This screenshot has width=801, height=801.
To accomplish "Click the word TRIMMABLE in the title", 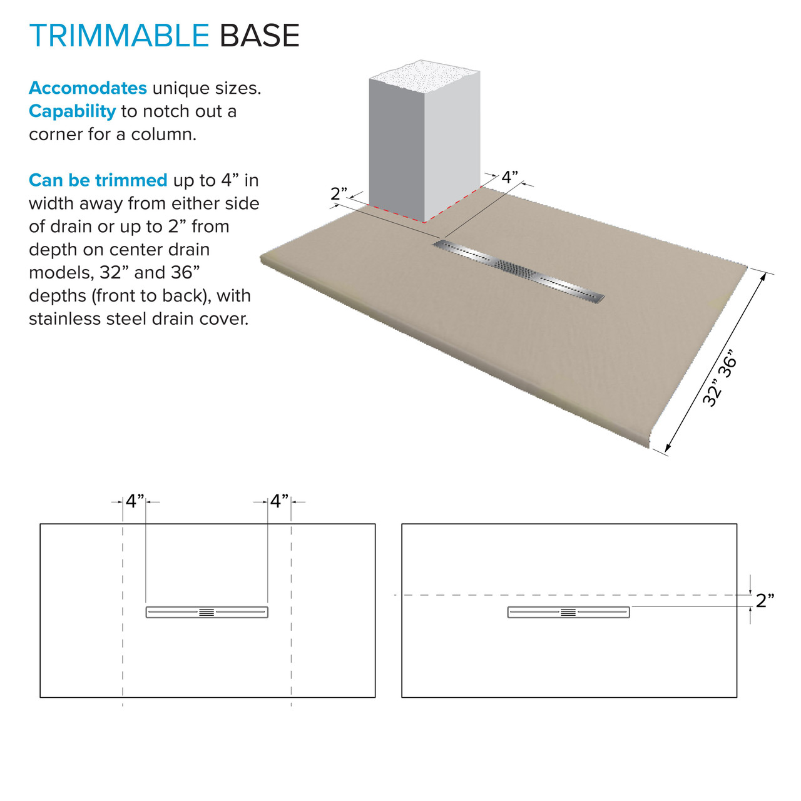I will pos(119,36).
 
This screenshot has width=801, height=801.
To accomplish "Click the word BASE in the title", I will pos(259,36).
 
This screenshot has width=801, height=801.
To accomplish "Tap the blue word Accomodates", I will pos(88,88).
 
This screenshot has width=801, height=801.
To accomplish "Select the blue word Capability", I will pos(72,111).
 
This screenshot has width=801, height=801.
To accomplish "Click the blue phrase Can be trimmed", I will pos(98,180).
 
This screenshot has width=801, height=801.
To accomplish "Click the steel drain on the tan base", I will pos(518,270).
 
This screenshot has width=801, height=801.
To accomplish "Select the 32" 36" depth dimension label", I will pos(720,378).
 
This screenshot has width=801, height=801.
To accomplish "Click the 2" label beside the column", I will pos(339,194).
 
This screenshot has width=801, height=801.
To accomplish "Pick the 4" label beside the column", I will pos(509,177).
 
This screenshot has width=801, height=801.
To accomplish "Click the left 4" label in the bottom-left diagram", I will pos(135,501).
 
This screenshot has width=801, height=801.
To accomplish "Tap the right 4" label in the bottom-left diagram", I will pos(279,501).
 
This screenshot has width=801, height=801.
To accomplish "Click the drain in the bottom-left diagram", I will pos(207,612).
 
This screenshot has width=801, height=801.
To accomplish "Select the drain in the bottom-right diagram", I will pos(568,612).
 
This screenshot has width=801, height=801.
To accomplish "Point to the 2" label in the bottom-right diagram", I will pos(765,601).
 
